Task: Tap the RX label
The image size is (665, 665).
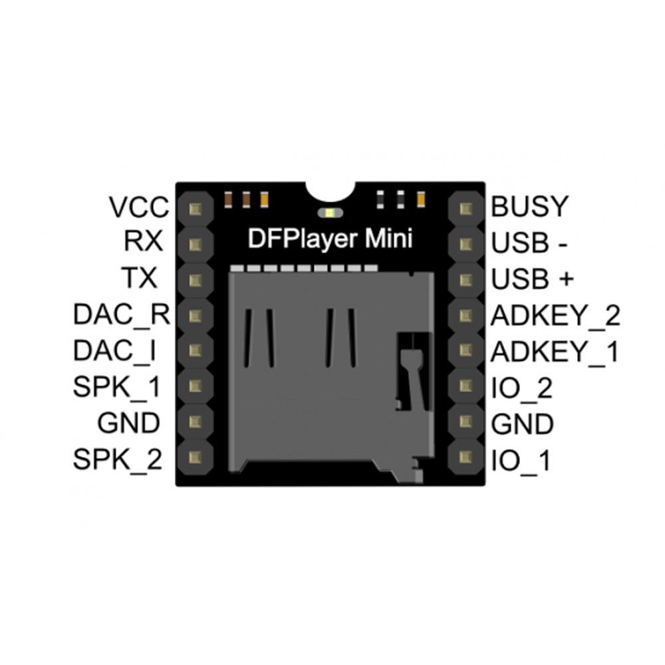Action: pos(144,241)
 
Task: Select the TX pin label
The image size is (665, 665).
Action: pos(140,278)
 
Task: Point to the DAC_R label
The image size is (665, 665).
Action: pos(122,315)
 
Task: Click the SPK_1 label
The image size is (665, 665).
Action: pos(117,386)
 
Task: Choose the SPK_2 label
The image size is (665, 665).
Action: pos(118,459)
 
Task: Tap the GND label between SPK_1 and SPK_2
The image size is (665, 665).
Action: pos(128,423)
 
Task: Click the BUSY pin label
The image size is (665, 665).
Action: pos(530,207)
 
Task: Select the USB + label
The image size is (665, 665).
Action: pos(532,279)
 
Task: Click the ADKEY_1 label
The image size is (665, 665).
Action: pos(555,351)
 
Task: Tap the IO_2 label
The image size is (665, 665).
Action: pos(521,388)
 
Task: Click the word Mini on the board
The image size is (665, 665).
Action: pos(390,238)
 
